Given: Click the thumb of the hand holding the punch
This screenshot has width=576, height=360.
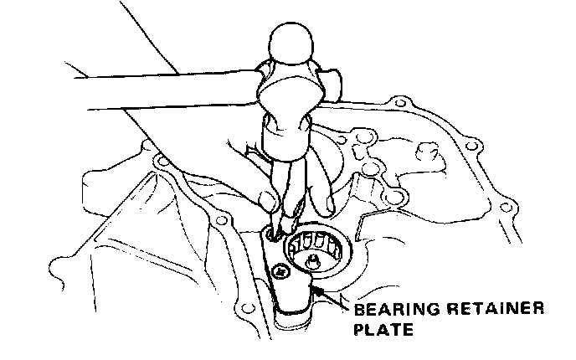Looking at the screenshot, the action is (x=266, y=202).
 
